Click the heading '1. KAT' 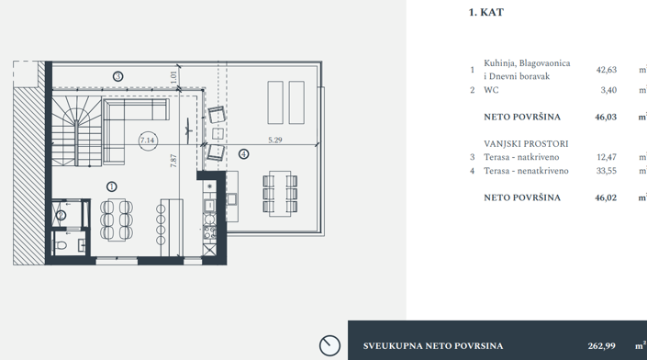[x=485, y=13]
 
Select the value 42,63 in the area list [x=605, y=70]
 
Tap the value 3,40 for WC [x=608, y=90]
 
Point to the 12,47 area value [x=605, y=158]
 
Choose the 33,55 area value [x=605, y=171]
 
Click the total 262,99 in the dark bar [x=601, y=345]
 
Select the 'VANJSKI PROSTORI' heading [x=526, y=144]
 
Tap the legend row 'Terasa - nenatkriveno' [x=526, y=171]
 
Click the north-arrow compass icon [x=329, y=345]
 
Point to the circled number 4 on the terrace [x=243, y=154]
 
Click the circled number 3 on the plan [x=117, y=75]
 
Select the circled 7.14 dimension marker [x=147, y=141]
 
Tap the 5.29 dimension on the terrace [x=275, y=140]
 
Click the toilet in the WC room [x=61, y=246]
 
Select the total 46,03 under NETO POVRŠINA [x=605, y=118]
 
